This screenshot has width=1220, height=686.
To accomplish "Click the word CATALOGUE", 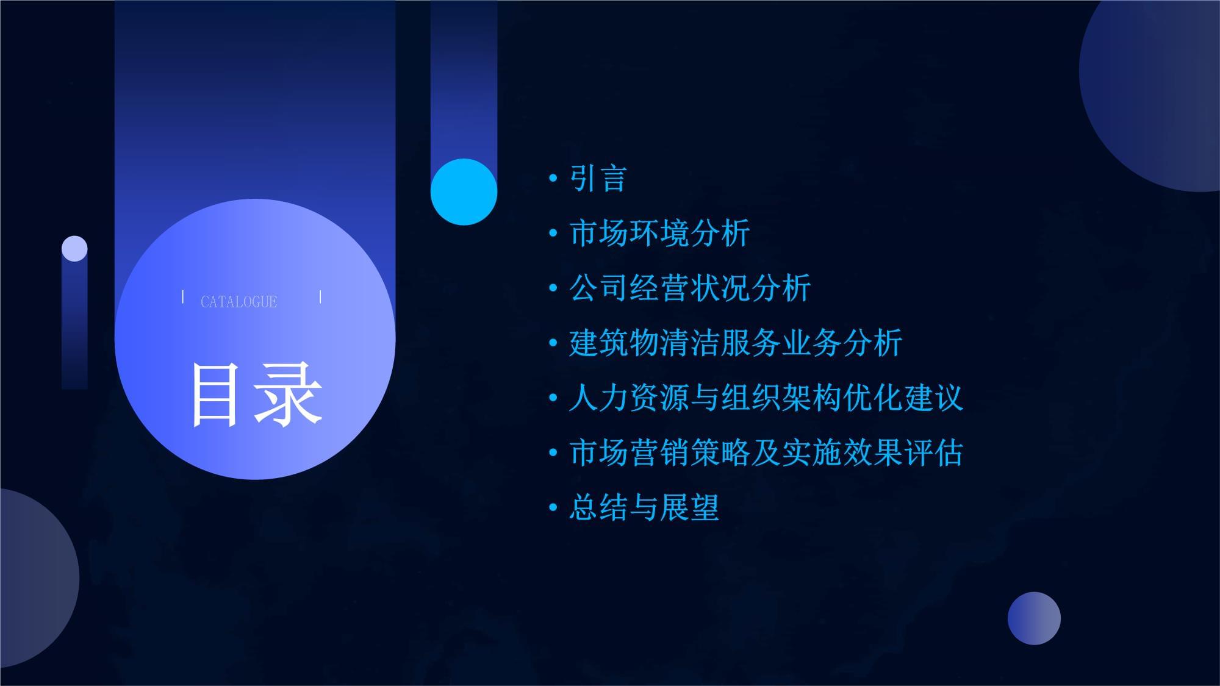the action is [x=239, y=302].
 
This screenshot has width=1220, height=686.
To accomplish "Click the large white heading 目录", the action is [x=256, y=395].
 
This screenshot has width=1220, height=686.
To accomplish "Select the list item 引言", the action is [x=598, y=179].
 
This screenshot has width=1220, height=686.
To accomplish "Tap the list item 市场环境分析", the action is [x=659, y=234].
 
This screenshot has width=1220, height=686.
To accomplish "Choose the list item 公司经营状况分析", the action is [x=689, y=288].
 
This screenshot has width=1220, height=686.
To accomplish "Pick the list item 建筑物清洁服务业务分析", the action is [x=735, y=343].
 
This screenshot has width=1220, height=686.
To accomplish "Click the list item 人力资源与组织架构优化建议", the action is [x=766, y=398].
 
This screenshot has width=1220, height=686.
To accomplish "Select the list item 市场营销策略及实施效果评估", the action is [x=766, y=452].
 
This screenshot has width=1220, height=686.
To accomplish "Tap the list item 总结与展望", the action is [x=644, y=507].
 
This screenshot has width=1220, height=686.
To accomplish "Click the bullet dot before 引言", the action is [x=553, y=178].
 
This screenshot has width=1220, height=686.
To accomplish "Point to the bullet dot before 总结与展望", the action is [x=553, y=507].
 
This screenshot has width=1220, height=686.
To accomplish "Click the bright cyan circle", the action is [x=464, y=191].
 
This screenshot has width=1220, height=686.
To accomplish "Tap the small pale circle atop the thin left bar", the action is [x=74, y=249].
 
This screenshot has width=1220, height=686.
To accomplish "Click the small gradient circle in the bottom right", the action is [x=1034, y=618].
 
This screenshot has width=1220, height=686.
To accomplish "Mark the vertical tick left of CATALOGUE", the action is [x=183, y=297].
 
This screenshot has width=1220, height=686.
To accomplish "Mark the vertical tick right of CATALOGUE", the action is [x=320, y=297].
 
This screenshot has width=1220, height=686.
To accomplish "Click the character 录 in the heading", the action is [x=289, y=395].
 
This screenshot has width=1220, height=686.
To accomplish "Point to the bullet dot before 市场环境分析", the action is [x=553, y=233].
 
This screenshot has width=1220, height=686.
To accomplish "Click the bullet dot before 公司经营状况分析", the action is [x=553, y=288].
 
